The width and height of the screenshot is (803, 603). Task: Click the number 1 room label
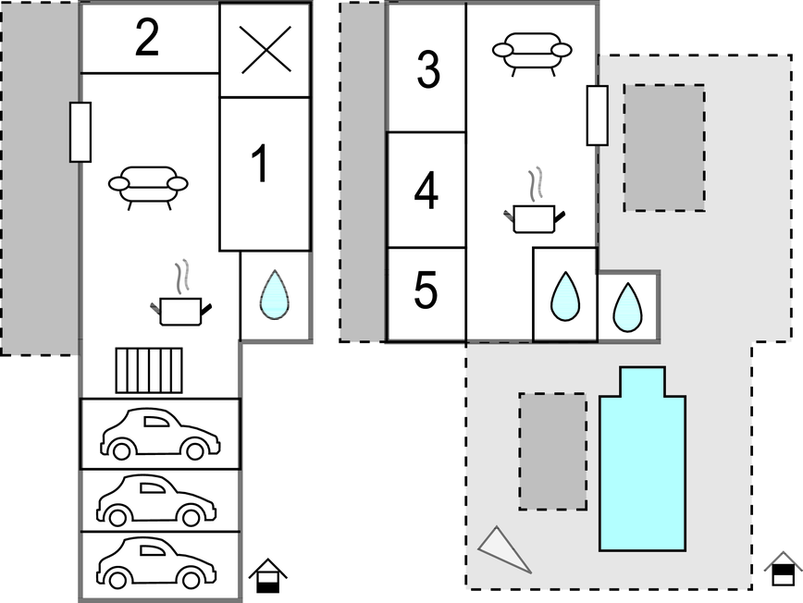[x=261, y=163]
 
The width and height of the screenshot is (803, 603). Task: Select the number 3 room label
[x=428, y=69]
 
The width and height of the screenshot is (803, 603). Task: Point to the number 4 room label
[x=426, y=191]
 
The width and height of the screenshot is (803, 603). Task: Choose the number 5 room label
[x=426, y=289]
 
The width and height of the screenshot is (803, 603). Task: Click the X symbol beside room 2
[x=266, y=50]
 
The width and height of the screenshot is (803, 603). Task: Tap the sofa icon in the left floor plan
[x=148, y=188]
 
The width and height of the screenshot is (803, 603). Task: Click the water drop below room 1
[x=275, y=295]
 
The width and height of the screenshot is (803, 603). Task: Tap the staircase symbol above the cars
[x=149, y=371]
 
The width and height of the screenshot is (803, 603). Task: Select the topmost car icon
[x=160, y=433]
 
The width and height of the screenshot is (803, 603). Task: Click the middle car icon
[x=156, y=500]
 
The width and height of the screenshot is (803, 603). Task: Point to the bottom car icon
[x=156, y=562]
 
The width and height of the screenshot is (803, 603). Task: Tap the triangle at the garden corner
[x=504, y=549]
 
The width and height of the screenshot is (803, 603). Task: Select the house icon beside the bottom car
[x=268, y=576]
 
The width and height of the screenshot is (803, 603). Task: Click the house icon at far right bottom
[x=783, y=569]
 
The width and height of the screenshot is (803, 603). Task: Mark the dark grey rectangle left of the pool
[x=553, y=451]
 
